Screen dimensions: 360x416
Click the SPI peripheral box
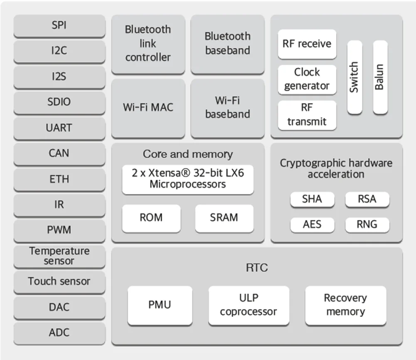(59, 26)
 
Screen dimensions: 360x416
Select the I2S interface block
(59, 77)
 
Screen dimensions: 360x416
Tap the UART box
(59, 128)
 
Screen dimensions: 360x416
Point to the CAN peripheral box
(59, 153)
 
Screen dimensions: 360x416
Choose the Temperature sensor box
(59, 256)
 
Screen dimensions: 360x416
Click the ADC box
(59, 333)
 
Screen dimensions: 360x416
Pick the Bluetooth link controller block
(148, 44)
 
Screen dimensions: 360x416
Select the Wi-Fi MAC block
(148, 108)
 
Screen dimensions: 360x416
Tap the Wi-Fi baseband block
(227, 108)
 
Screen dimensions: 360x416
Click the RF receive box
(307, 44)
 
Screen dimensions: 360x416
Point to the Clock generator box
(307, 79)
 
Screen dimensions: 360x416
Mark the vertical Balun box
(380, 77)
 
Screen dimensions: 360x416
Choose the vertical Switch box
(354, 77)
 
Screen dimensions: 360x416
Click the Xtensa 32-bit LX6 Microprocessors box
(188, 179)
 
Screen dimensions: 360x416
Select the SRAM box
(224, 218)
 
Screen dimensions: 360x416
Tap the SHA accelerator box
(312, 200)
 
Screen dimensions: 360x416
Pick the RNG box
(367, 225)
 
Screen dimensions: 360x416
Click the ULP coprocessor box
(249, 305)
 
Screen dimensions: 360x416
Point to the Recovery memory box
(345, 305)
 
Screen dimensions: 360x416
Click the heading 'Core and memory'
(188, 154)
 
